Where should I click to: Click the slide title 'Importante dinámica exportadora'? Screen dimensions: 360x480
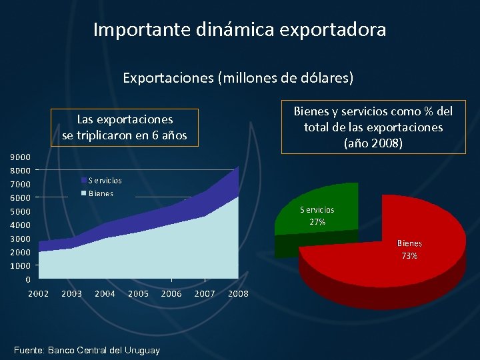tap(239, 30)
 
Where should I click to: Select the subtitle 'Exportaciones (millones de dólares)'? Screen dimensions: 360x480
tap(238, 77)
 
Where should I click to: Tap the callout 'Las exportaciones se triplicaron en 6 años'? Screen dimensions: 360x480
tap(125, 128)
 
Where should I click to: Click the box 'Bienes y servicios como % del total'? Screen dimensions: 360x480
tap(373, 127)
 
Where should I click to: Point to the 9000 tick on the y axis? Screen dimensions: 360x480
tap(20, 157)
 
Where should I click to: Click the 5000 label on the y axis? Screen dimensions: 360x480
tap(20, 212)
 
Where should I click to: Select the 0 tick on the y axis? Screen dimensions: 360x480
tap(27, 279)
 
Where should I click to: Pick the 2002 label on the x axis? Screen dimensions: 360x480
tap(38, 294)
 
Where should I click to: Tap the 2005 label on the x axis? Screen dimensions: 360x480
tap(138, 294)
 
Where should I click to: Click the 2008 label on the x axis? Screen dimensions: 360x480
tap(238, 294)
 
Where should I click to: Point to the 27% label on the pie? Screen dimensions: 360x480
tap(317, 222)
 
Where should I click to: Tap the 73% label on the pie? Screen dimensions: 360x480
tap(409, 256)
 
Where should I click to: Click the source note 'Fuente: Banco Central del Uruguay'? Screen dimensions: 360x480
tap(87, 350)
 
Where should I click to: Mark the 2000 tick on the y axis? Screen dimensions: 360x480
tap(20, 252)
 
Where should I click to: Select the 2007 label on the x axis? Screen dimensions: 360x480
tap(205, 294)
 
